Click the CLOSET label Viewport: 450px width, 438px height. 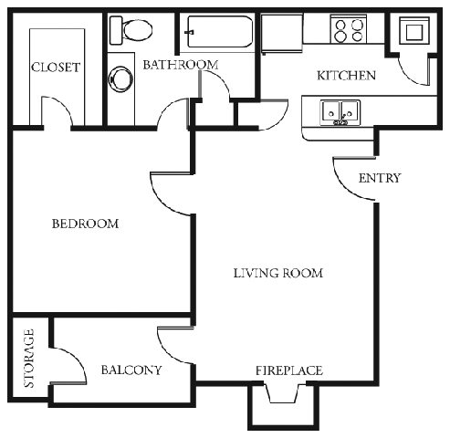(x=56, y=68)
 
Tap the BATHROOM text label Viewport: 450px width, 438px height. (x=180, y=65)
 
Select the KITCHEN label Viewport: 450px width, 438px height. (x=346, y=76)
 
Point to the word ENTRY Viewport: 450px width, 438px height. (x=379, y=178)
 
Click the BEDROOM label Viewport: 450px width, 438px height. (x=85, y=224)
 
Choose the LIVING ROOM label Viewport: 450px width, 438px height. (x=277, y=273)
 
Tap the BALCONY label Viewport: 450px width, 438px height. (x=131, y=370)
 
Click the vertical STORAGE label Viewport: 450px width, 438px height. (x=29, y=359)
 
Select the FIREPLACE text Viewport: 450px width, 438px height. (x=288, y=370)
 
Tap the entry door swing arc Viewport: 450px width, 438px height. (x=351, y=178)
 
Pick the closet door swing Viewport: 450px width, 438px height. (x=57, y=113)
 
